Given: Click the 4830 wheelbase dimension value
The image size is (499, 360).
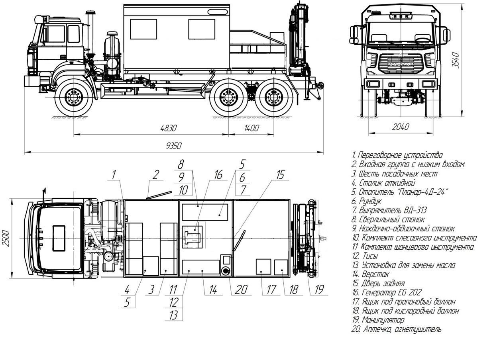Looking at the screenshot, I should [x=168, y=128].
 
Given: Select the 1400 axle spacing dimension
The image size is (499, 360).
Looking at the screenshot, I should [x=251, y=128].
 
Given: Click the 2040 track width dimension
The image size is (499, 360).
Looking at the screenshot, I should [x=401, y=127].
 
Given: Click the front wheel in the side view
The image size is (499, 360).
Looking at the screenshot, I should [x=74, y=98].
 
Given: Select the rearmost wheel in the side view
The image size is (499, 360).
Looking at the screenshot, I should [x=273, y=98].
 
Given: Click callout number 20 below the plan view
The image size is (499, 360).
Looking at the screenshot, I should [x=241, y=290].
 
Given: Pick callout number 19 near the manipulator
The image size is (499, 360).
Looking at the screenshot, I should [x=318, y=290].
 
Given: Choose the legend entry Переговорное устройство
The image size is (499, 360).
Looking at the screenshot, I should [x=397, y=155].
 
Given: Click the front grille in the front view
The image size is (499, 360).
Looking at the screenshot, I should [x=400, y=63].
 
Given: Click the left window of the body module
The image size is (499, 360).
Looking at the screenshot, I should [x=143, y=29].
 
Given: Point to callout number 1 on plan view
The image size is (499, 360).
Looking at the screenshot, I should [x=114, y=174].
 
